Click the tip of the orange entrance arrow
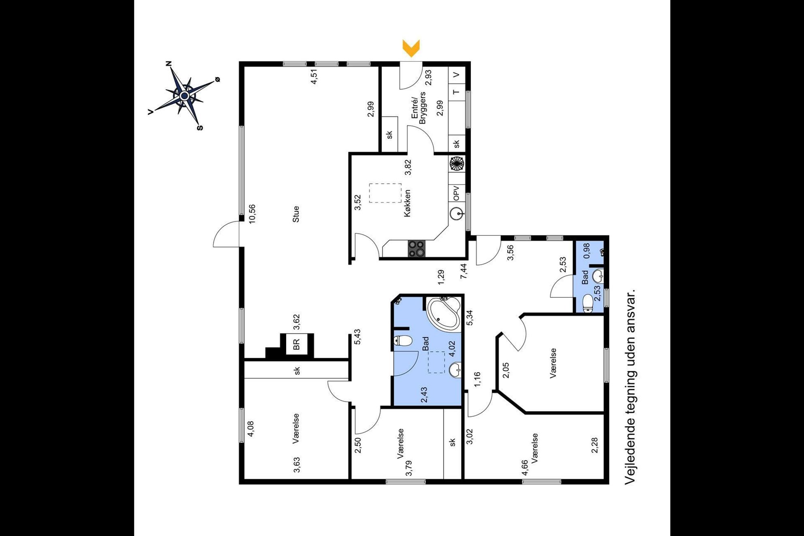click(411, 57)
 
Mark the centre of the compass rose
click(184, 96)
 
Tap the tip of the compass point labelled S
click(199, 124)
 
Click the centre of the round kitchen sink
click(457, 214)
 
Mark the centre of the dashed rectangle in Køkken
click(385, 193)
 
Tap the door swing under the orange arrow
click(411, 76)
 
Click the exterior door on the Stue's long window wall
click(227, 234)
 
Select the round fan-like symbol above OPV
click(457, 164)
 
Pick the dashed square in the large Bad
click(436, 362)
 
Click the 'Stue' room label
click(296, 214)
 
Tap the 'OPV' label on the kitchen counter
click(457, 193)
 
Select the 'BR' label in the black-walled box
click(297, 344)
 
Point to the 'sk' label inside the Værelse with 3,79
click(453, 442)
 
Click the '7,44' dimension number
click(464, 271)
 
